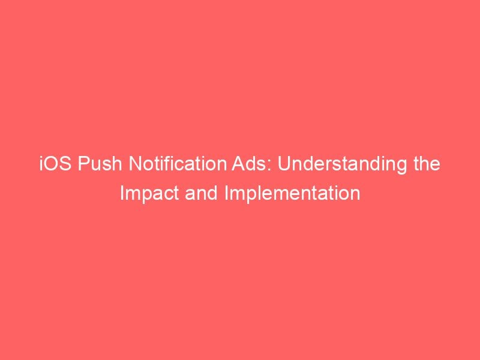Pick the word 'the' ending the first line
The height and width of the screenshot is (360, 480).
coord(427,164)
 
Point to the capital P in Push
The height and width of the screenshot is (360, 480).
coord(83,164)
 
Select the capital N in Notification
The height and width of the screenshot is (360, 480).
coord(134,164)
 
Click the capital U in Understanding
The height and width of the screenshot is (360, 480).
coord(283,164)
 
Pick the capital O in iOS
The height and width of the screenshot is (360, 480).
coord(51,164)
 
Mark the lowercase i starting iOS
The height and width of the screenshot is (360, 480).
coord(41,164)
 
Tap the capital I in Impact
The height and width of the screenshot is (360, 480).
coord(122,193)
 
